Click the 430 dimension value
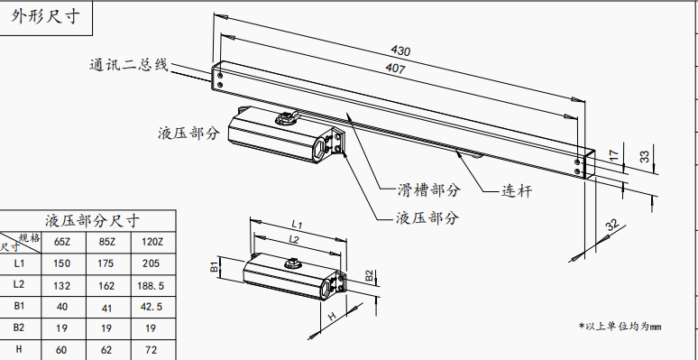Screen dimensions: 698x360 pos(400,51)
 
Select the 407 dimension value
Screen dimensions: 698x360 pos(395,69)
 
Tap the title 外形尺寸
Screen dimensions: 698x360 pos(46,17)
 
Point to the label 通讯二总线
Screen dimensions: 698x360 pos(129,65)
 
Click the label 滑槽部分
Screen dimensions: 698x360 pos(428,190)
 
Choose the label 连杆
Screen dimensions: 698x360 pos(517,191)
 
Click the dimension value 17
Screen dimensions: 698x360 pos(614,156)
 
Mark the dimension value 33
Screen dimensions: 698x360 pos(644,156)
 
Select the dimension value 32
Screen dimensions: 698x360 pos(612,225)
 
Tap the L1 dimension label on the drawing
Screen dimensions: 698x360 pos(297,224)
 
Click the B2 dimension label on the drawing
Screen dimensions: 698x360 pos(370,276)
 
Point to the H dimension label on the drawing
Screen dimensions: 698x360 pos(332,317)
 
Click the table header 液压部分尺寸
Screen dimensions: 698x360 pos(92,220)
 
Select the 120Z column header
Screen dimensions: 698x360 pos(152,242)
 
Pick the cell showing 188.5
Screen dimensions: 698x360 pos(150,286)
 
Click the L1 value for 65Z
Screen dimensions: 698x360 pos(61,263)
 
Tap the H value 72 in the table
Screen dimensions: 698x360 pos(151,350)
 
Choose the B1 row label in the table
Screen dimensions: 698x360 pos(19,306)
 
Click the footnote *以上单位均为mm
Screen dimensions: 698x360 pos(620,327)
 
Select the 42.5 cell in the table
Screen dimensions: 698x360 pos(151,307)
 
